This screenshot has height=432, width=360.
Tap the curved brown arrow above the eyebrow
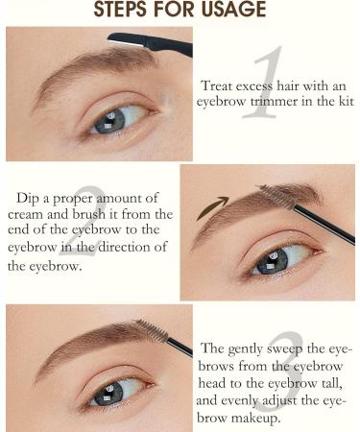[213, 205]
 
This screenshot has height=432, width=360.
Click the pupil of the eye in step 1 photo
[108, 124]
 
